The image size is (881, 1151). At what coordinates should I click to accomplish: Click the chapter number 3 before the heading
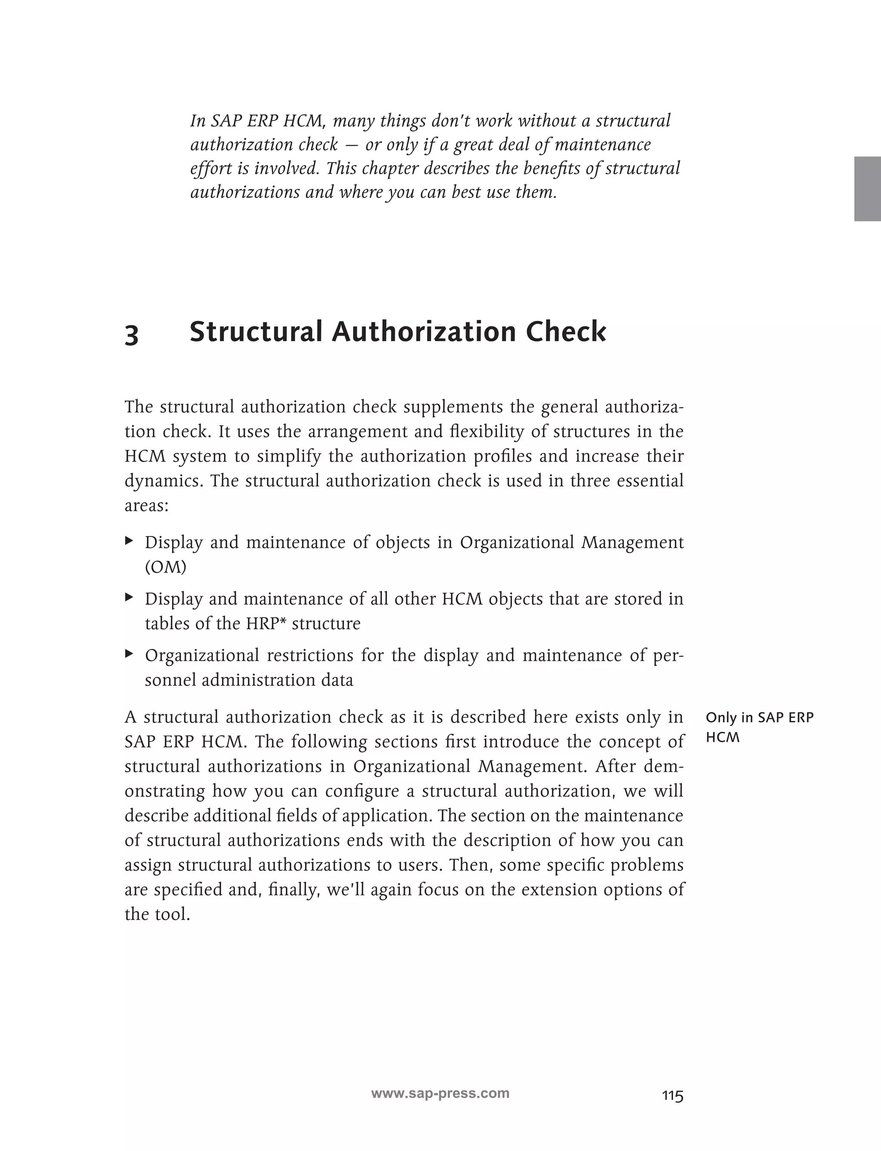[132, 335]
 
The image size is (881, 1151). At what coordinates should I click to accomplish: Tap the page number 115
[672, 1096]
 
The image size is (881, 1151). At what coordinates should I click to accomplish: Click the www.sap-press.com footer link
[440, 1093]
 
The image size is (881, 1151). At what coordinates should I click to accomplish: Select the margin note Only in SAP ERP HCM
[759, 727]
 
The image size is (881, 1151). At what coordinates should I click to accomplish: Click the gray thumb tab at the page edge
[867, 188]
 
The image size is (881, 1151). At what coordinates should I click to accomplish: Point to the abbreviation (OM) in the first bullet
[165, 567]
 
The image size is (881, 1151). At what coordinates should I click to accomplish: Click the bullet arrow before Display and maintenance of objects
[129, 540]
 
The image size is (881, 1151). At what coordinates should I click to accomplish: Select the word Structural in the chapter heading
[256, 332]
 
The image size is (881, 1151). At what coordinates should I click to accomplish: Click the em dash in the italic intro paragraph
[351, 145]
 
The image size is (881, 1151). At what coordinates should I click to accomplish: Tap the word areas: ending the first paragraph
[146, 506]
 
